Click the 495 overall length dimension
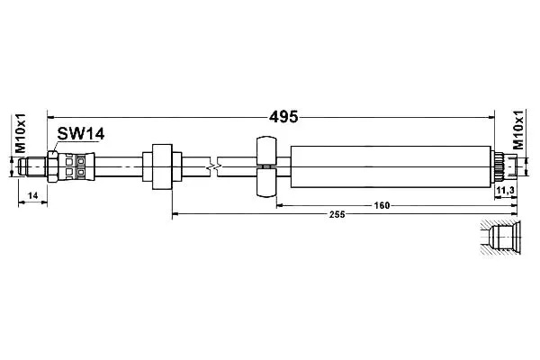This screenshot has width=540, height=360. click(x=283, y=117)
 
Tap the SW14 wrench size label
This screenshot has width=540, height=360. click(x=81, y=134)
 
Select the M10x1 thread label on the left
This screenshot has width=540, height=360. click(x=21, y=132)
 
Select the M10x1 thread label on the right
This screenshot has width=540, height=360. click(x=518, y=130)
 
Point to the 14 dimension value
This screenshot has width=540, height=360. click(x=32, y=195)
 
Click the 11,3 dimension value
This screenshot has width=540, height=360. click(x=506, y=190)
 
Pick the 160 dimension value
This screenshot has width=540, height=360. click(x=382, y=206)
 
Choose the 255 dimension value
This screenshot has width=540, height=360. click(x=337, y=214)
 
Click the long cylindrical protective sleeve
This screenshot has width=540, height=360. click(x=391, y=166)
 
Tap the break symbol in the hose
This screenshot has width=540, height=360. click(x=213, y=166)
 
